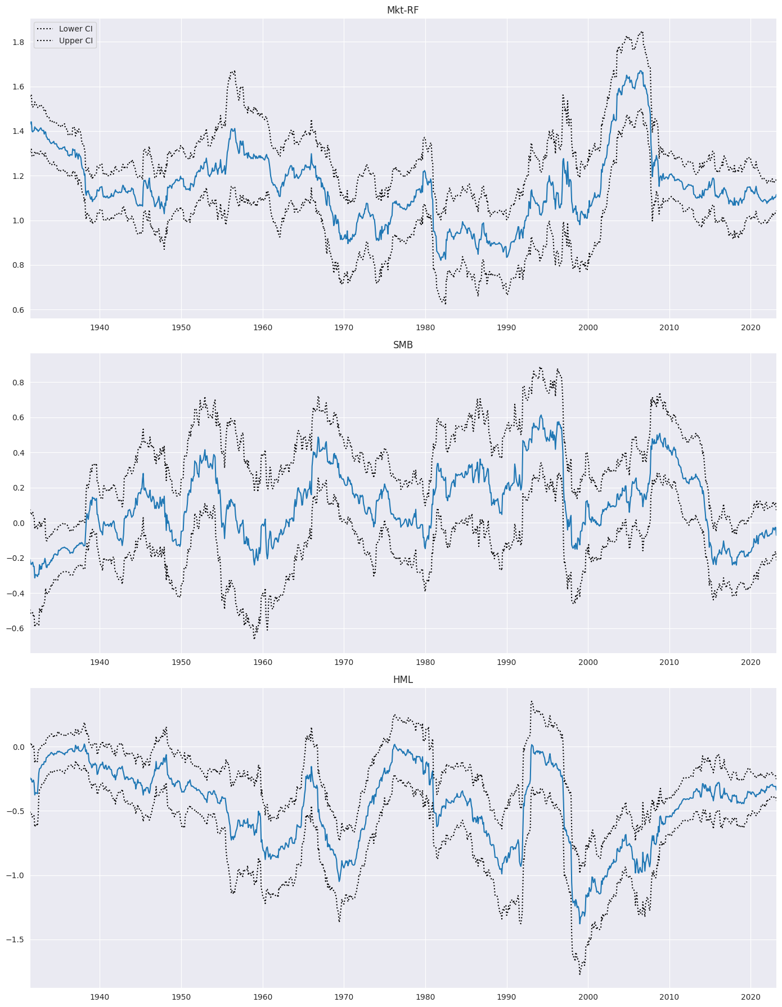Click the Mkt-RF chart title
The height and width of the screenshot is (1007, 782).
[403, 10]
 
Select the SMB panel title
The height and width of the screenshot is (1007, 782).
[403, 345]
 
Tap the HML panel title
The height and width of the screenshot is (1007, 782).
[403, 680]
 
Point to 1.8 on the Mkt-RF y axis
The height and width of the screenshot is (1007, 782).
[19, 42]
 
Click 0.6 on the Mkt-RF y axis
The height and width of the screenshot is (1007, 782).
[19, 310]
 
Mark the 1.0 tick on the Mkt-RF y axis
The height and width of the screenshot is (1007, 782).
[19, 221]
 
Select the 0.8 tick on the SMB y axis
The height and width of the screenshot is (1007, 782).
[19, 383]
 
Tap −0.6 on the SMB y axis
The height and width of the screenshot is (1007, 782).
[16, 628]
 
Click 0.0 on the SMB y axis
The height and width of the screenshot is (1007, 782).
[19, 523]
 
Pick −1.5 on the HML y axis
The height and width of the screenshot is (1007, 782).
[16, 939]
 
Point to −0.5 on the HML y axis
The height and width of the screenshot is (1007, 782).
[16, 811]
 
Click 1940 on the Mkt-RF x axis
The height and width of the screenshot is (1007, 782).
[100, 327]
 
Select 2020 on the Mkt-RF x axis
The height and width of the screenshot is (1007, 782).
[750, 327]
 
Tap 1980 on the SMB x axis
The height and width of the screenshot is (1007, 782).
[425, 662]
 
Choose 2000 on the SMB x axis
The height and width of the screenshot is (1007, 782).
[588, 662]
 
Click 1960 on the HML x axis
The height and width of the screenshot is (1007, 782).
[263, 997]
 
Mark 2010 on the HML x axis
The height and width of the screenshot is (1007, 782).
[669, 997]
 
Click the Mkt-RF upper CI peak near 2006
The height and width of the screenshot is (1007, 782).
[642, 32]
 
